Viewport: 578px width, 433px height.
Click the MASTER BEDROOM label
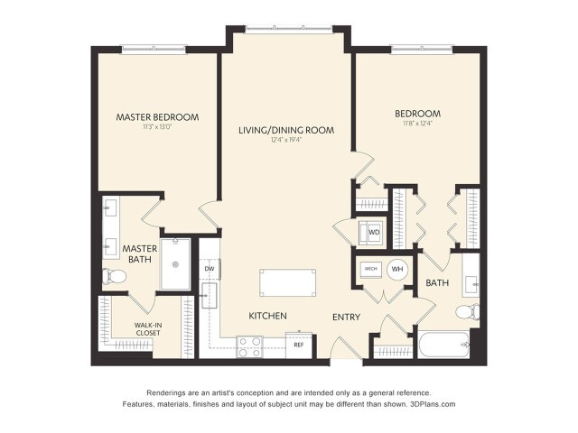157,117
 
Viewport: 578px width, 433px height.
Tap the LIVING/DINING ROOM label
286,130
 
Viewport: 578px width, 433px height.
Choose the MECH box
370,269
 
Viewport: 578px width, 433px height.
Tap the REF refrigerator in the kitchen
298,345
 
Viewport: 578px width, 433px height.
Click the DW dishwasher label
209,268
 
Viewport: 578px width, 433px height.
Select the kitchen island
287,282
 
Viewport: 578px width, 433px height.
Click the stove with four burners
249,343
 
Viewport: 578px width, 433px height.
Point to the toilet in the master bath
114,275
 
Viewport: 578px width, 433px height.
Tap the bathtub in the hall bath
444,345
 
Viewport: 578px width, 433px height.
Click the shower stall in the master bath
177,264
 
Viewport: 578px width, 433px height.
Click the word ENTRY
346,317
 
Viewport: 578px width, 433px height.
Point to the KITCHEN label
268,316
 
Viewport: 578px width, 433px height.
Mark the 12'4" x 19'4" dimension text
285,141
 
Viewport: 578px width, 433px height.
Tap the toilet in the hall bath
465,312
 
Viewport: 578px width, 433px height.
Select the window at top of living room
287,29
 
